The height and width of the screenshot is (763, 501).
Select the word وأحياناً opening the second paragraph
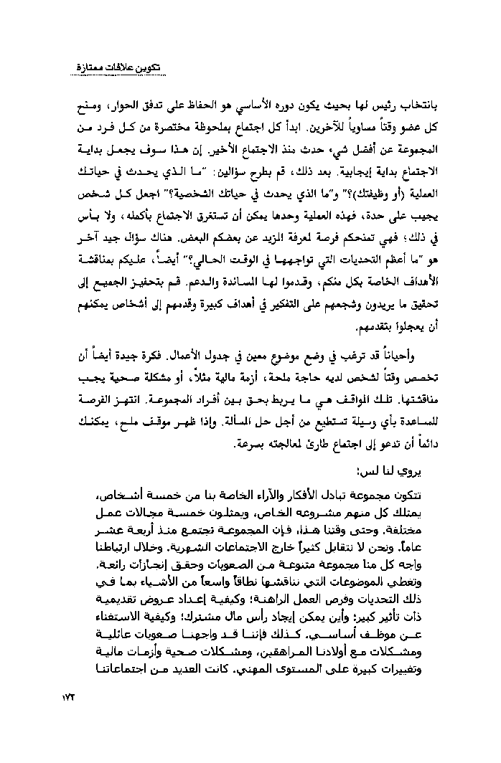(x=398, y=353)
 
